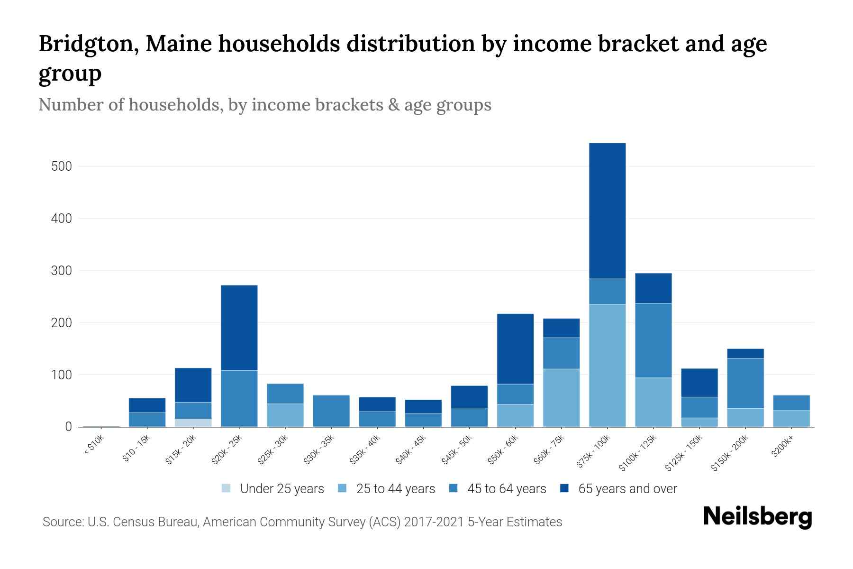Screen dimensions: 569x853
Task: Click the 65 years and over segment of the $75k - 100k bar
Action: point(607,211)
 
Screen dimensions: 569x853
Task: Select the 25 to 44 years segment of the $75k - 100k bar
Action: point(607,365)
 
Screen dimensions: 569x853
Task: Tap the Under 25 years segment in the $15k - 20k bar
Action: point(193,422)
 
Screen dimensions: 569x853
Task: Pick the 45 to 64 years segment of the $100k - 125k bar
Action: point(653,340)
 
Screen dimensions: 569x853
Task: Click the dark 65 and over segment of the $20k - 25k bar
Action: point(239,327)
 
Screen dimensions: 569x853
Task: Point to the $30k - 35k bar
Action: point(331,411)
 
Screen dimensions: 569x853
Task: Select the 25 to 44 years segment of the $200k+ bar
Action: point(791,418)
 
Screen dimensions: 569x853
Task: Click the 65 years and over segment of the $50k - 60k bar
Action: point(515,349)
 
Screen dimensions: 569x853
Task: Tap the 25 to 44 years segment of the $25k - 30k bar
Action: point(285,415)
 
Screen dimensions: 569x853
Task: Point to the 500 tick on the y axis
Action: point(62,166)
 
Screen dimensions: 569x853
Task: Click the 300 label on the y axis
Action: point(62,271)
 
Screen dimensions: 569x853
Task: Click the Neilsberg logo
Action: point(758,517)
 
